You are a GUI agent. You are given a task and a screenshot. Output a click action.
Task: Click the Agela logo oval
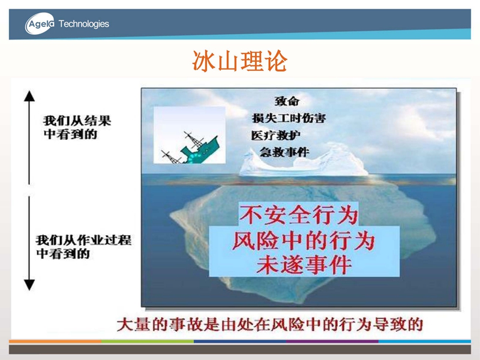(x=40, y=23)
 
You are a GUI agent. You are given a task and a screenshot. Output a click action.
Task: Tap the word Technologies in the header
(x=83, y=24)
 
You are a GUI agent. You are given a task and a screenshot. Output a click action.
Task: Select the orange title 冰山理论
(x=239, y=61)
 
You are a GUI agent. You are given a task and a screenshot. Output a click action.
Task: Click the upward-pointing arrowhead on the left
(x=29, y=96)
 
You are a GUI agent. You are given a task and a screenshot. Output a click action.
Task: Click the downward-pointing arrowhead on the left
(x=29, y=284)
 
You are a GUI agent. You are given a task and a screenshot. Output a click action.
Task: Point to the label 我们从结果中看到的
(x=77, y=127)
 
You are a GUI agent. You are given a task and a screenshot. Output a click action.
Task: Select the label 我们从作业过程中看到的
(x=83, y=247)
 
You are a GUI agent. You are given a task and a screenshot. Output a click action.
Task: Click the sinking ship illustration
(x=190, y=135)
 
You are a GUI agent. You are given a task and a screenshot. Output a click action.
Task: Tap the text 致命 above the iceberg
(x=287, y=101)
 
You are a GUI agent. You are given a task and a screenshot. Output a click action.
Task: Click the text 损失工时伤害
(x=289, y=118)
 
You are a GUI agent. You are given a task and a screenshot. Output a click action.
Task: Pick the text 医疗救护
(x=275, y=135)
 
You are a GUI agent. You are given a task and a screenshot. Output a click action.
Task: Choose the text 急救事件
(x=284, y=152)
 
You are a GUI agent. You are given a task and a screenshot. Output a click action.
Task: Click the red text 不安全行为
(x=299, y=215)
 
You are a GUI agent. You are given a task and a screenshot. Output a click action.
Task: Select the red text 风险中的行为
(x=304, y=241)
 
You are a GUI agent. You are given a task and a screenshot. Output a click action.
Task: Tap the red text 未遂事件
(x=304, y=265)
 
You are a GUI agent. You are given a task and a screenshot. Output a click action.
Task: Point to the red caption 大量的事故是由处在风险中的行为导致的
(x=269, y=325)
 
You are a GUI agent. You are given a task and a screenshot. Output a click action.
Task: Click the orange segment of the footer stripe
(x=55, y=341)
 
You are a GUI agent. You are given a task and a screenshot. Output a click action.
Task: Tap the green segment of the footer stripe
(x=148, y=341)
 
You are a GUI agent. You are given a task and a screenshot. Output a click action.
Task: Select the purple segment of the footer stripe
(x=332, y=341)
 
